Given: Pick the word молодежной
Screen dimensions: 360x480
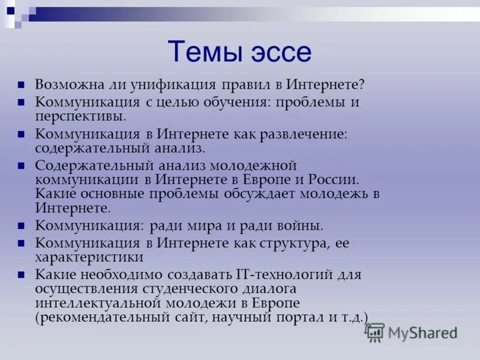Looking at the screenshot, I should click(x=254, y=165).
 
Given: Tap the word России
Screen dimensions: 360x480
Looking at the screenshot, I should click(x=334, y=179).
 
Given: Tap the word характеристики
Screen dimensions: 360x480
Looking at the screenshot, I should click(x=89, y=257).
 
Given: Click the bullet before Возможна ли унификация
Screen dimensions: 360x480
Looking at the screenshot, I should click(x=22, y=85).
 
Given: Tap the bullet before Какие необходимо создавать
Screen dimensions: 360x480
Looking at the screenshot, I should click(x=22, y=275).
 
